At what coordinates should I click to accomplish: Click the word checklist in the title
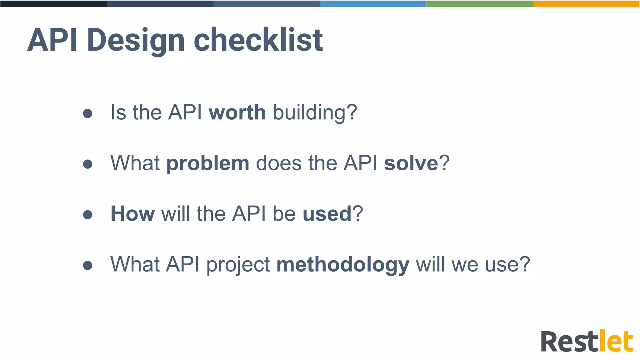pyautogui.click(x=258, y=40)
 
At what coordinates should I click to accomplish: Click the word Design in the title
pyautogui.click(x=136, y=41)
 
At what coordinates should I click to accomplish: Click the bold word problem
pyautogui.click(x=207, y=164)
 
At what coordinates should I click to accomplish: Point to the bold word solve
pyautogui.click(x=411, y=163)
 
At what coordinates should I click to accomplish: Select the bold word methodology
pyautogui.click(x=343, y=265)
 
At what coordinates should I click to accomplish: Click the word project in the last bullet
pyautogui.click(x=238, y=265)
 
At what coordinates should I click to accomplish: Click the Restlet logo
pyautogui.click(x=587, y=341)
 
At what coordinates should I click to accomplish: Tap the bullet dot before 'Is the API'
pyautogui.click(x=88, y=113)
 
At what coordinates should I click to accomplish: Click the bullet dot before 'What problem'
pyautogui.click(x=88, y=164)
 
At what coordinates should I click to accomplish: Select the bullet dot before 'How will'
pyautogui.click(x=88, y=215)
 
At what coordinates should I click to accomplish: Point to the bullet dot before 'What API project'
pyautogui.click(x=88, y=265)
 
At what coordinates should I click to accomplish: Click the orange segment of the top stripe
pyautogui.click(x=586, y=3)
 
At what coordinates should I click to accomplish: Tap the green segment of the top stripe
pyautogui.click(x=480, y=3)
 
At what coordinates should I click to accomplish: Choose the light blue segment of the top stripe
pyautogui.click(x=373, y=3)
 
